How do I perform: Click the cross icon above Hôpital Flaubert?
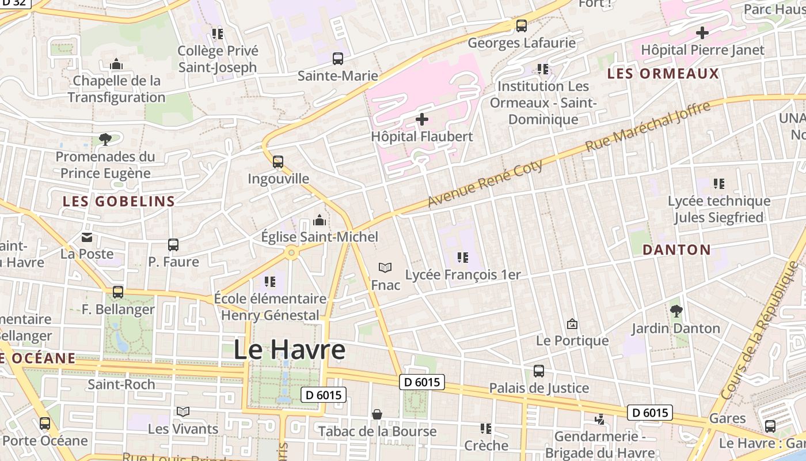422,119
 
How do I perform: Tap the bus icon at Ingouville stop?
278,162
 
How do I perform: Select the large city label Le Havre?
290,350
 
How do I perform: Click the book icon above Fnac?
385,267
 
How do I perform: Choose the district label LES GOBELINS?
119,201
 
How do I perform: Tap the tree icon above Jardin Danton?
676,312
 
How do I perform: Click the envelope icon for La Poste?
87,237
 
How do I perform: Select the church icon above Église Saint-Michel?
319,220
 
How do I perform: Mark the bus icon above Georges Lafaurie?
522,26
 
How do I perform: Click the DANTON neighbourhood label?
676,250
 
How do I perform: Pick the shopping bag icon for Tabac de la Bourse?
377,414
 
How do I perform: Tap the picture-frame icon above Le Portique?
572,324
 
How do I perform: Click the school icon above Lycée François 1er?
463,258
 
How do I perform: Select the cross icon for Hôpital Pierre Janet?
702,33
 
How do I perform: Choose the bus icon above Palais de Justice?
539,371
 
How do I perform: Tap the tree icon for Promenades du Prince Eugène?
105,139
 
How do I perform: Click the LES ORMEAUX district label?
663,74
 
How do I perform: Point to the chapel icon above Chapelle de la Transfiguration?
116,64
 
